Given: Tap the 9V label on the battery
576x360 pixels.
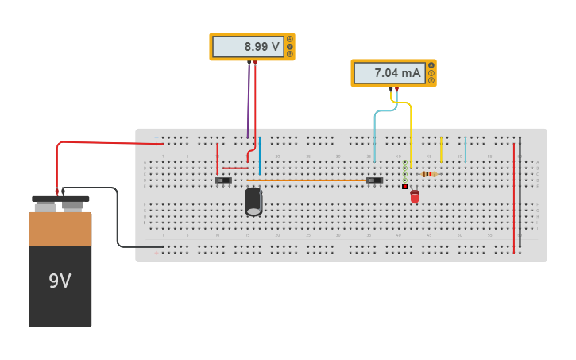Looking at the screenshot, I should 60,281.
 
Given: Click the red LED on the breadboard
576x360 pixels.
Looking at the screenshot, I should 415,195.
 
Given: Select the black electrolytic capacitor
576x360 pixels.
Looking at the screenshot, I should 253,201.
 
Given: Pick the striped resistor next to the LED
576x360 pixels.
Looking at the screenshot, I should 429,174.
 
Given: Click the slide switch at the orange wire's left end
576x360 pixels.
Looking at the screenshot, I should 223,180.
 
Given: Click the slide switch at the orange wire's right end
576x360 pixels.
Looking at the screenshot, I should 374,180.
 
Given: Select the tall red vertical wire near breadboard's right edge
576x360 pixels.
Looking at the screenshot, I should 514,199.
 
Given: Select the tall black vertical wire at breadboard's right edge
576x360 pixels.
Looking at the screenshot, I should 520,191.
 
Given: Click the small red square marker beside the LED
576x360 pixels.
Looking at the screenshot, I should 404,187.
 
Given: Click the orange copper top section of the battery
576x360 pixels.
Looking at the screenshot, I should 60,229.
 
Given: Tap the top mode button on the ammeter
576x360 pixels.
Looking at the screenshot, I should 431,65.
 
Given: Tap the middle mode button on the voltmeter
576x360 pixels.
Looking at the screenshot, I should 290,47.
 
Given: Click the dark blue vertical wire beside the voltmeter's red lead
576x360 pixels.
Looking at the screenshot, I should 260,155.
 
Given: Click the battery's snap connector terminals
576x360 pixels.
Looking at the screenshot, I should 60,203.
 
